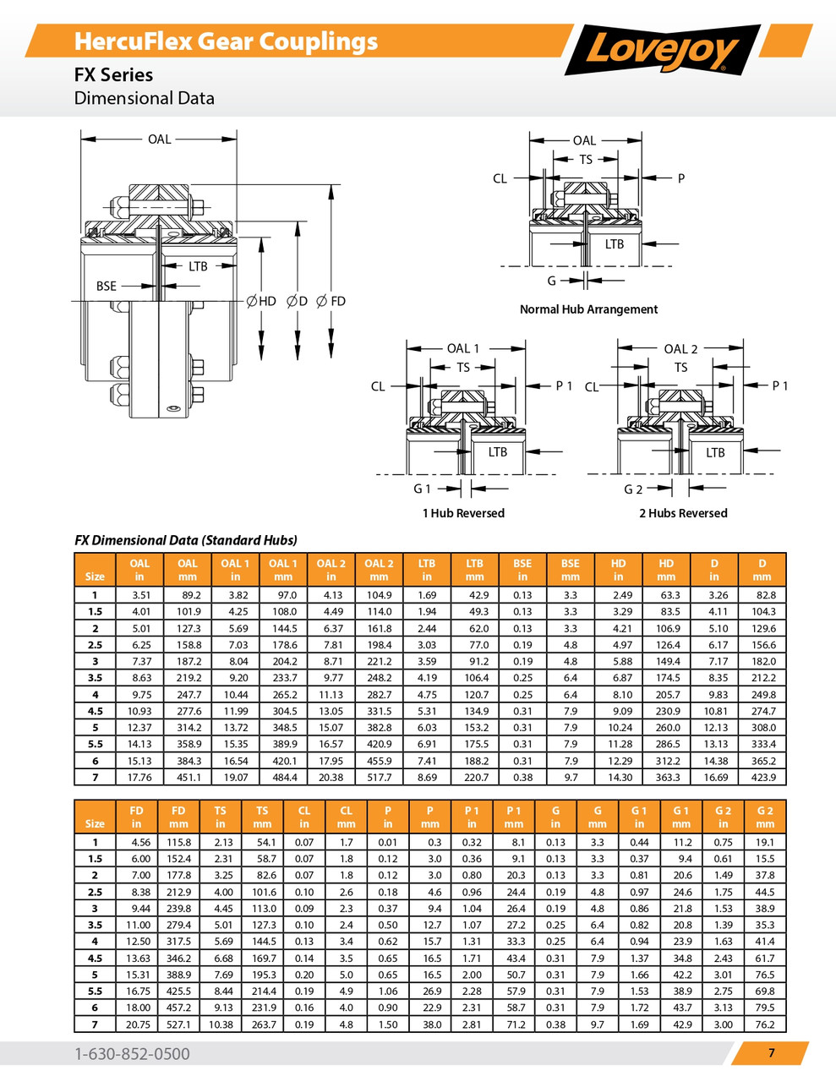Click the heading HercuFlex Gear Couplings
(226, 41)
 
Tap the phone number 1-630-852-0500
(132, 1053)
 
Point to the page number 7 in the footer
(771, 1052)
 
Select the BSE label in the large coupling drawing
(107, 287)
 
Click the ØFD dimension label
(331, 301)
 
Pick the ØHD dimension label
(261, 301)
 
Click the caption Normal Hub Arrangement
(588, 309)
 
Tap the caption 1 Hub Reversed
(463, 513)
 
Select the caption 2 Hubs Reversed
(683, 513)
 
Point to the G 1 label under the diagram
(422, 489)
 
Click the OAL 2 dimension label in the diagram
(680, 348)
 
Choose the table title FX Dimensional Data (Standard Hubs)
(186, 540)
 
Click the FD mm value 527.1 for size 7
(178, 1025)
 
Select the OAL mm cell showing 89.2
(188, 595)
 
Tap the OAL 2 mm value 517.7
(379, 777)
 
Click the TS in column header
(220, 817)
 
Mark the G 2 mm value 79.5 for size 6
(764, 1008)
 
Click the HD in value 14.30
(619, 777)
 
